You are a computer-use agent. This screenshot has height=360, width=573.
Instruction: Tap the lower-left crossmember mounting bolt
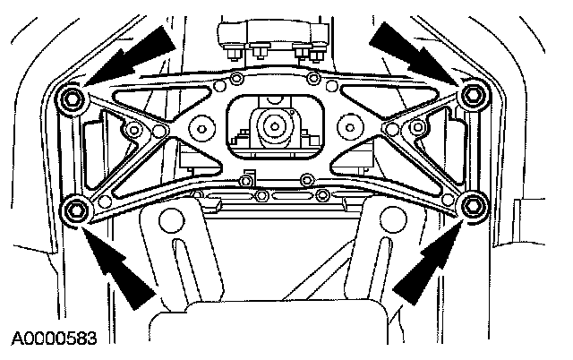point(74,210)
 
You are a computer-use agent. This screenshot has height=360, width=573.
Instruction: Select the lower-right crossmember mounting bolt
point(471,208)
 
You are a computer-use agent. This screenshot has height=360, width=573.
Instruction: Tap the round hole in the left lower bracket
point(171,218)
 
